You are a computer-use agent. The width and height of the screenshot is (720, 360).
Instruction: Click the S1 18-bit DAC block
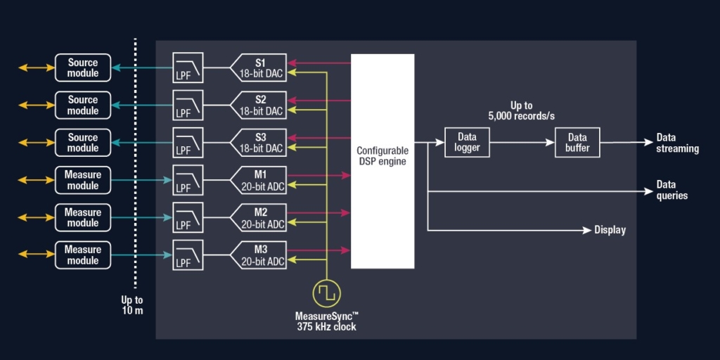pyautogui.click(x=260, y=67)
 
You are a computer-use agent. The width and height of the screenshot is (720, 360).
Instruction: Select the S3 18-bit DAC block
pyautogui.click(x=260, y=142)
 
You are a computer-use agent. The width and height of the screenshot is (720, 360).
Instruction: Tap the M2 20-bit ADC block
pyautogui.click(x=260, y=217)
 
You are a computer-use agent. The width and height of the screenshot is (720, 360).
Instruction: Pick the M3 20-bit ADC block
pyautogui.click(x=260, y=255)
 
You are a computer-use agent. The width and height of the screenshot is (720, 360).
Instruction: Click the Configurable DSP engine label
pyautogui.click(x=382, y=156)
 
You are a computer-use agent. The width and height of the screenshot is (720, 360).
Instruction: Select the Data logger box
pyautogui.click(x=467, y=142)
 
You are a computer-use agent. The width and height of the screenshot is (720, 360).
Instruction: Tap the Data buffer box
pyautogui.click(x=577, y=142)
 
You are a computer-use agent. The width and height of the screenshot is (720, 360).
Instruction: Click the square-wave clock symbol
pyautogui.click(x=326, y=292)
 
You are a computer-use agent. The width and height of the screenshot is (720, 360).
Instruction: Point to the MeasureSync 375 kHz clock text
pyautogui.click(x=326, y=321)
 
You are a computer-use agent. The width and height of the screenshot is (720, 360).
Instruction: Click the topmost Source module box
pyautogui.click(x=83, y=67)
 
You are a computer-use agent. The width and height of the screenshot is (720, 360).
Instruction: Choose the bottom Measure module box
pyautogui.click(x=83, y=255)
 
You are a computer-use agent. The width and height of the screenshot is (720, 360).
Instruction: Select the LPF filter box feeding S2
pyautogui.click(x=188, y=105)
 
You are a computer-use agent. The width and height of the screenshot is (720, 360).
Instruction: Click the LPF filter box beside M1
pyautogui.click(x=188, y=180)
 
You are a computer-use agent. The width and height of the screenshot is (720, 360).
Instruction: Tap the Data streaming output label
pyautogui.click(x=677, y=143)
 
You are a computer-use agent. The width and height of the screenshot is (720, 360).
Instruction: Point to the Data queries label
pyautogui.click(x=671, y=190)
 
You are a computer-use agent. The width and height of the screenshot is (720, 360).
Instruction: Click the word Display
pyautogui.click(x=610, y=230)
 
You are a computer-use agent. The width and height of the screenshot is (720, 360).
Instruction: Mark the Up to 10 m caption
pyautogui.click(x=131, y=304)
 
